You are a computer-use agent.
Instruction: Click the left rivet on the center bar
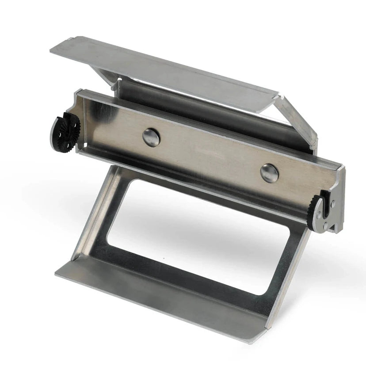coord(151,137)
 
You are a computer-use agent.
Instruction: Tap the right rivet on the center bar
coord(269,173)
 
